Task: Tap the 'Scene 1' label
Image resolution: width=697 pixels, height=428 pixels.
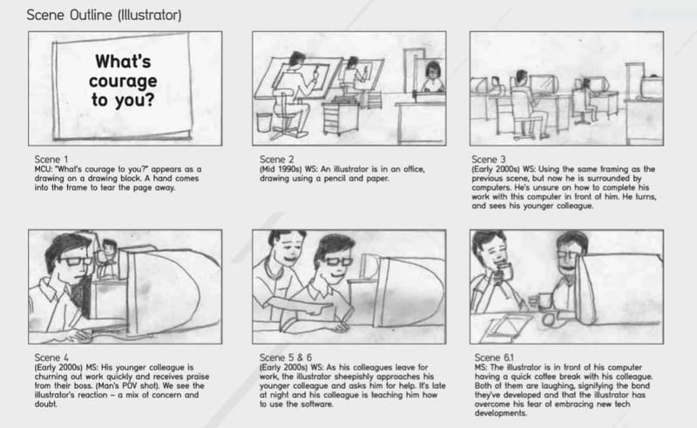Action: (x=50, y=159)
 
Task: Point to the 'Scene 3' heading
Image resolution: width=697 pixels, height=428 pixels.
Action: (x=490, y=159)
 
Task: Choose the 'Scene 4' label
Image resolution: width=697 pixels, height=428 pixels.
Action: (x=50, y=357)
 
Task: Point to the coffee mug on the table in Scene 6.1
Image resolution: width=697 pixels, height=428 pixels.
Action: (x=545, y=301)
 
